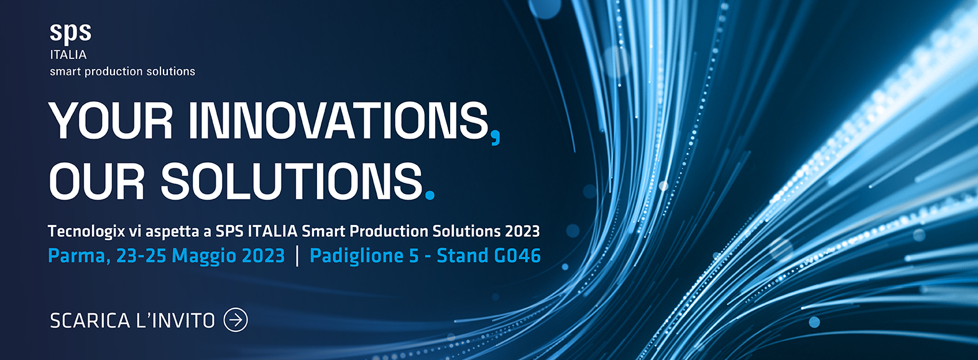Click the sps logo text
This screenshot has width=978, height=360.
click(x=70, y=33)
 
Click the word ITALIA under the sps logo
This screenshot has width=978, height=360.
click(x=68, y=55)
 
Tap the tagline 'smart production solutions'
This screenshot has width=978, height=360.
click(x=122, y=72)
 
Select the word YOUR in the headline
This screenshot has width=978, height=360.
click(x=111, y=120)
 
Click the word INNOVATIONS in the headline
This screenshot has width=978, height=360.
click(x=338, y=120)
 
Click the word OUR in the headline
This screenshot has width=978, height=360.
click(x=96, y=181)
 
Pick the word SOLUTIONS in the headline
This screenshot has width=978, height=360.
click(x=292, y=181)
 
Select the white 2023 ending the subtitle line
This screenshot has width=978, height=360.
click(x=522, y=231)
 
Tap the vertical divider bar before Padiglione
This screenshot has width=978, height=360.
click(x=297, y=256)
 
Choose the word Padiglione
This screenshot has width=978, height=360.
click(x=356, y=256)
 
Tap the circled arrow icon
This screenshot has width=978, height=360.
click(x=236, y=320)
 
